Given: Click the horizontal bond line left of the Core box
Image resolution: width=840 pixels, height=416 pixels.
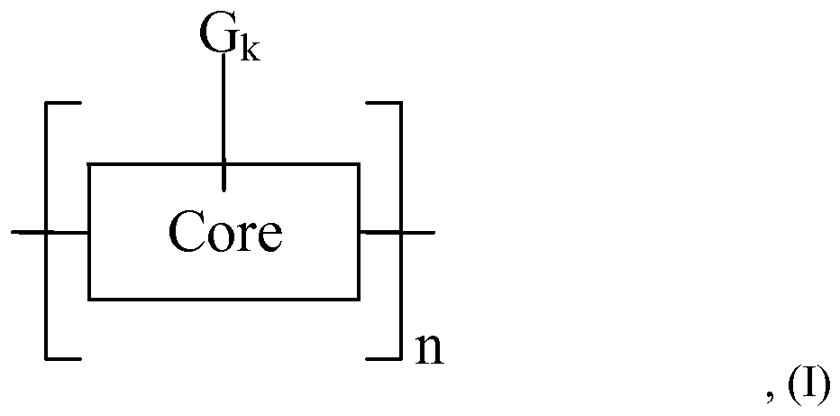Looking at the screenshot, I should (x=50, y=232).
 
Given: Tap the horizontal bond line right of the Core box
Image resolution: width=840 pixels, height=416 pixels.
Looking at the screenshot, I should (x=397, y=232).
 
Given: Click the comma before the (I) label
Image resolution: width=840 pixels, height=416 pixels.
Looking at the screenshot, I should (x=770, y=398).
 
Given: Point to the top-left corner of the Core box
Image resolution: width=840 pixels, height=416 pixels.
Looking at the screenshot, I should (x=88, y=164).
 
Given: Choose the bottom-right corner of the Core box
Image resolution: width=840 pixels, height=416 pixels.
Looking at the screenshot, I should (x=359, y=299).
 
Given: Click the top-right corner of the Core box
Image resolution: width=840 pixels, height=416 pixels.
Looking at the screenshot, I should (x=359, y=164).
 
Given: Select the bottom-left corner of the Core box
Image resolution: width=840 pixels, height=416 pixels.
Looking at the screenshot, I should (x=88, y=299).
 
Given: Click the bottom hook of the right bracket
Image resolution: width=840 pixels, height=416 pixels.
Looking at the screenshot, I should (x=383, y=358).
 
